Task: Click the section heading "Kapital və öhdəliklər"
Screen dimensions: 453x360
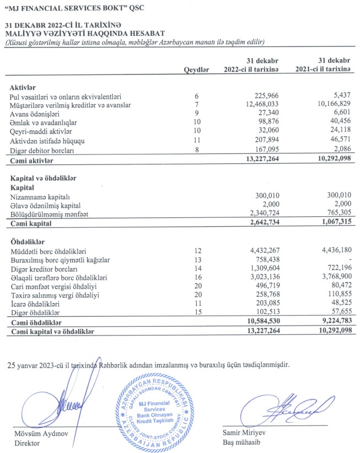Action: tap(43, 178)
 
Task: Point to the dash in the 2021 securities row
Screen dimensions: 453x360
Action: tap(349, 259)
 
